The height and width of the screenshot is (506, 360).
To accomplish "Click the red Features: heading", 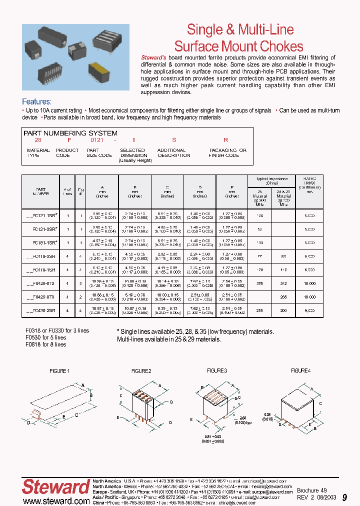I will coord(36,101).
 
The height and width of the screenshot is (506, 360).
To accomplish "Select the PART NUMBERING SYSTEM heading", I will coord(70,133).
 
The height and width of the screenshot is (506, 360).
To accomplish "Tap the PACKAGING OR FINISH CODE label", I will coord(227,152).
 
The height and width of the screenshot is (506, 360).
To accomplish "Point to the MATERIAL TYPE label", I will coord(38,152).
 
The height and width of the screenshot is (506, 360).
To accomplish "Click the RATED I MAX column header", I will coord(310,184).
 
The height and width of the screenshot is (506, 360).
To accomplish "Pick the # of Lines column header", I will coord(68,191).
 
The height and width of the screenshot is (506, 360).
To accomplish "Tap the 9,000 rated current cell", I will coord(310,310).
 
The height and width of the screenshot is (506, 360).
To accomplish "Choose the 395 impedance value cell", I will coord(259,283).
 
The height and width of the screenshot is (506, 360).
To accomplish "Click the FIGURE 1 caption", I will coord(59,371).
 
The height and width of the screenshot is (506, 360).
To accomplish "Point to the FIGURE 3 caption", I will coord(217,370).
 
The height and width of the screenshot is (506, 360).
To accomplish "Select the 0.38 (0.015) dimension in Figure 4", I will coord(267,416).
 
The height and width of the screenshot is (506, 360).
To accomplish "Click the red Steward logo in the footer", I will coord(55,486).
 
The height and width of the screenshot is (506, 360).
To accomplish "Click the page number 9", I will coord(344,497).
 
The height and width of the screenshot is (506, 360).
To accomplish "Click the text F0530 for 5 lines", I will coord(45,337).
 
